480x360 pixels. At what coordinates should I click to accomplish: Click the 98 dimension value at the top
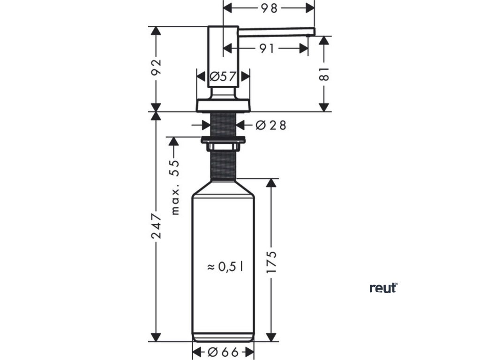pyautogui.click(x=269, y=7)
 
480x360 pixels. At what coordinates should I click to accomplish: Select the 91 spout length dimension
pyautogui.click(x=266, y=48)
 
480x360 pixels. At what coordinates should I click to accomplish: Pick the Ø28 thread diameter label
pyautogui.click(x=270, y=125)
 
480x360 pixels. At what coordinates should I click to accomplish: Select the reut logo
pyautogui.click(x=383, y=288)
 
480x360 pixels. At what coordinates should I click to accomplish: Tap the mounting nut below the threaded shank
pyautogui.click(x=223, y=139)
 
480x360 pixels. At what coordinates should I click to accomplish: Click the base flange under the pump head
pyautogui.click(x=223, y=105)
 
